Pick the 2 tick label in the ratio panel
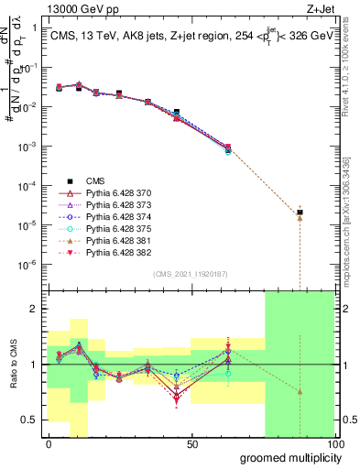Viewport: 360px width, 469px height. click(x=35, y=309)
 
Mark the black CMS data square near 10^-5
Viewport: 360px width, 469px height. click(x=300, y=213)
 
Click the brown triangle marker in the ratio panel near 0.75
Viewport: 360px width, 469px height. click(x=300, y=391)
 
